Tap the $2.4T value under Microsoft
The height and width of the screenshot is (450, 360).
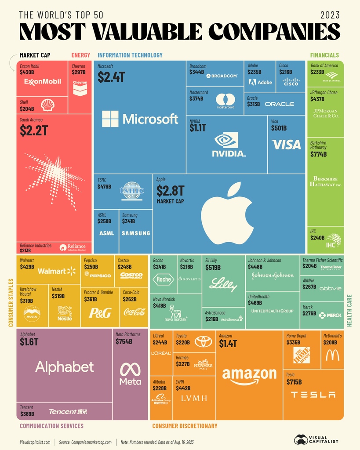click(111, 77)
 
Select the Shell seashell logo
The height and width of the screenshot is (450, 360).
click(47, 105)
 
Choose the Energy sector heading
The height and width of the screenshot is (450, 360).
click(80, 55)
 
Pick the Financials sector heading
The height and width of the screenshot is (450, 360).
click(324, 55)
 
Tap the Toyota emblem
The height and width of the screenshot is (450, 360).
click(204, 341)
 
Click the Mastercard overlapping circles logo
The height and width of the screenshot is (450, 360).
click(225, 99)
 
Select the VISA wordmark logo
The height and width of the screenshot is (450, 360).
click(286, 144)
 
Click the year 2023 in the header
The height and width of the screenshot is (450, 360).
click(330, 15)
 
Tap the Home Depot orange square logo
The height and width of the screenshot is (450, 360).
click(302, 355)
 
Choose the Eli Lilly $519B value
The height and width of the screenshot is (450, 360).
click(213, 267)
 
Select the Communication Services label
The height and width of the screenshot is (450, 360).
click(51, 426)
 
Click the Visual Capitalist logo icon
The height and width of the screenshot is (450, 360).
click(301, 439)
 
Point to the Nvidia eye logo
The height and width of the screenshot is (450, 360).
click(226, 140)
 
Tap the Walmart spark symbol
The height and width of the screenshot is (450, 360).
click(72, 271)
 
